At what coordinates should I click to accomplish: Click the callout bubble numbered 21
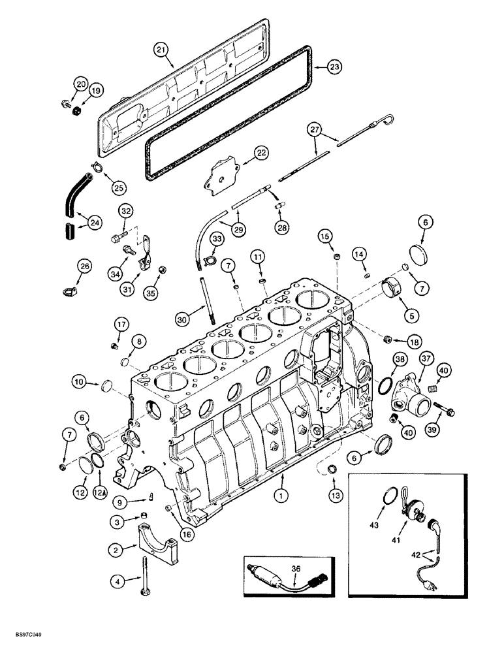[x=161, y=50]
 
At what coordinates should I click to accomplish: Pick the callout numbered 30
[x=183, y=319]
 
